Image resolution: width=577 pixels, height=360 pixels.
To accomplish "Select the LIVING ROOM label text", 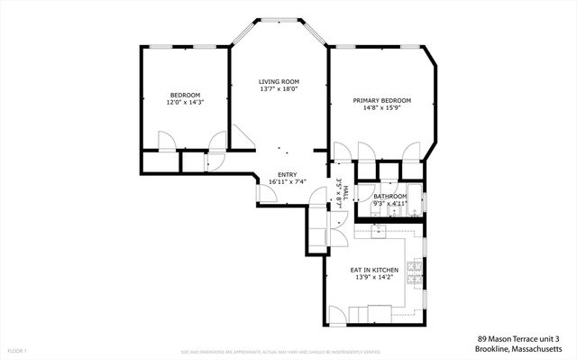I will (278, 81).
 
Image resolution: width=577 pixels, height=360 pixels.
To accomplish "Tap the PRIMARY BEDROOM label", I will (381, 100).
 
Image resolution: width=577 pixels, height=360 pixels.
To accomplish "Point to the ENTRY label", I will (287, 174).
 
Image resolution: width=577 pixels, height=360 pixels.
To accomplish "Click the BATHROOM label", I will (390, 197).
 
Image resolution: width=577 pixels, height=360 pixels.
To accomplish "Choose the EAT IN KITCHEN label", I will (374, 270).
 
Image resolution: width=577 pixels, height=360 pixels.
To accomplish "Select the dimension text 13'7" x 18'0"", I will (278, 89).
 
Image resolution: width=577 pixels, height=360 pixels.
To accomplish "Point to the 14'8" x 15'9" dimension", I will (381, 108).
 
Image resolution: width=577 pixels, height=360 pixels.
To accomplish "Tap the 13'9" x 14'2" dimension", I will (374, 278).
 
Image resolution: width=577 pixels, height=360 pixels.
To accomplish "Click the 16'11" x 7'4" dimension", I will (287, 182).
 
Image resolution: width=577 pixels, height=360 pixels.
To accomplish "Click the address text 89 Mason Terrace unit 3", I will (520, 338).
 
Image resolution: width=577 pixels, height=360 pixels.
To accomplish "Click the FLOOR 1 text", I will (18, 350).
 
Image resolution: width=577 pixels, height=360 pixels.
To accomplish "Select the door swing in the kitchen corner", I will (336, 314).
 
